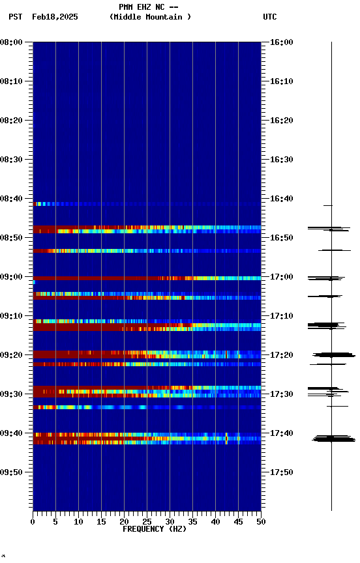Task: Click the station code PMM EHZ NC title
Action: [149, 7]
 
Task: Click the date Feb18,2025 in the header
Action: [55, 17]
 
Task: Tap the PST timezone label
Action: [16, 17]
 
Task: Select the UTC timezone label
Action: [270, 17]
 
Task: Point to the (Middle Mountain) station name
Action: [151, 17]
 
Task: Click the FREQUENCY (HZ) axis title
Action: [154, 529]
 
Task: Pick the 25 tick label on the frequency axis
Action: [147, 522]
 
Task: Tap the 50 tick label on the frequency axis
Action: [261, 522]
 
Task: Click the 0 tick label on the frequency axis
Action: [33, 522]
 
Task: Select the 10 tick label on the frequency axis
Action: [78, 522]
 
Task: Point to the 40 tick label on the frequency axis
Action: [215, 522]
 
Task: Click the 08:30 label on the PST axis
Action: [12, 160]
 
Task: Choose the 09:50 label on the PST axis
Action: [12, 472]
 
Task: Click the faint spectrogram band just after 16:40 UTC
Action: [147, 204]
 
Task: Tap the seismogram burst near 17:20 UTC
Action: [333, 355]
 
